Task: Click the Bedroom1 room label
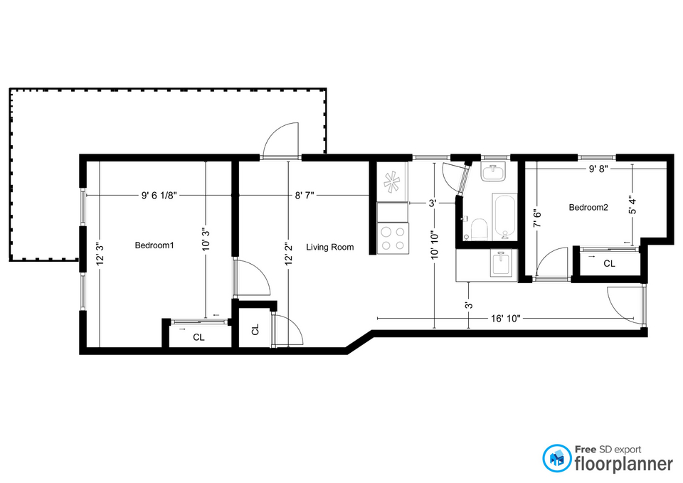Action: click(x=154, y=245)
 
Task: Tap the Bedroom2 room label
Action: click(x=588, y=207)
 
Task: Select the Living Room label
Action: click(x=329, y=247)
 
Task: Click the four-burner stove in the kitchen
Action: click(x=393, y=238)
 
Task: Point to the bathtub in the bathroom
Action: click(x=504, y=216)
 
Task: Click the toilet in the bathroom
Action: click(x=478, y=228)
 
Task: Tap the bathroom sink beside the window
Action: click(x=493, y=171)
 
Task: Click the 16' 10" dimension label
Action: click(x=505, y=319)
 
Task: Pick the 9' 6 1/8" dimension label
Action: click(x=159, y=196)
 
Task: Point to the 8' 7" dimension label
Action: click(x=305, y=196)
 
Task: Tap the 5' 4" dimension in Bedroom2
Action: click(x=632, y=205)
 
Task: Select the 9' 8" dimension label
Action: click(x=598, y=169)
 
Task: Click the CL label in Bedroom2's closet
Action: click(x=609, y=263)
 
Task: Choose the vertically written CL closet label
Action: click(x=255, y=329)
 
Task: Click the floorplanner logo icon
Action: click(x=556, y=458)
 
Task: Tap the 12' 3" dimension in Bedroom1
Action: click(x=100, y=254)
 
